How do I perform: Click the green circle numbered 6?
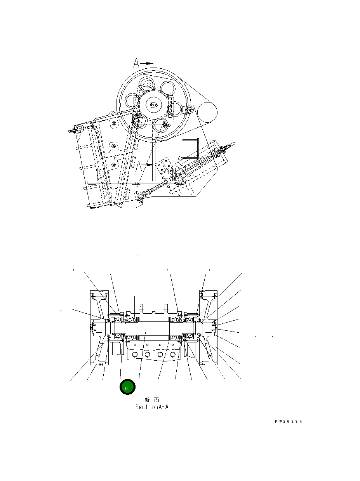click(127, 387)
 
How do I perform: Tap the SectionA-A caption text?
click(152, 407)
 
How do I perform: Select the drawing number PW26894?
click(288, 421)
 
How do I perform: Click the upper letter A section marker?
click(136, 63)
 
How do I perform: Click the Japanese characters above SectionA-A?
click(151, 400)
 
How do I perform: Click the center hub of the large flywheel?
click(154, 104)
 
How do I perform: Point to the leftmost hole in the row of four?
click(134, 354)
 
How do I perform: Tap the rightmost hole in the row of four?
click(173, 354)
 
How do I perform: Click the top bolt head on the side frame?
click(114, 123)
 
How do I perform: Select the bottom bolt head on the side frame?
click(113, 165)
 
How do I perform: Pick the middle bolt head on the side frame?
click(113, 145)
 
